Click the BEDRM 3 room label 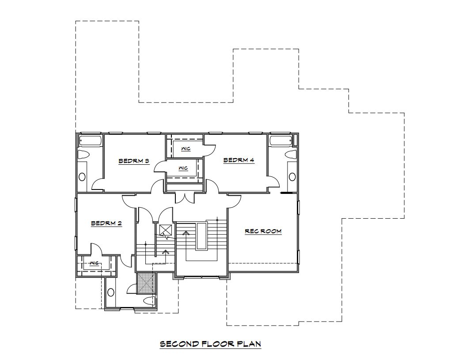134,161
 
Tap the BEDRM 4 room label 239,160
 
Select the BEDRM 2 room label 106,223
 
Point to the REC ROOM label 263,231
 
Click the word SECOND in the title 179,344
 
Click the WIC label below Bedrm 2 94,263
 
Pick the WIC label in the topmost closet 186,148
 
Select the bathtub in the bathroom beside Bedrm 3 91,140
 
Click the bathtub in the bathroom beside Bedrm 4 280,140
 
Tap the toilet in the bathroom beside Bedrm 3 83,155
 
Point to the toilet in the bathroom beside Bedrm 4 291,155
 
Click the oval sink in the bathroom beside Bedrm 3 82,177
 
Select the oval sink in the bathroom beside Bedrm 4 292,177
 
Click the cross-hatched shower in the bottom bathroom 146,283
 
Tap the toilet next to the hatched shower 149,300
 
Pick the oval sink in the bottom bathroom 110,292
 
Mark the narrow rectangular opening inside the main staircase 202,236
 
